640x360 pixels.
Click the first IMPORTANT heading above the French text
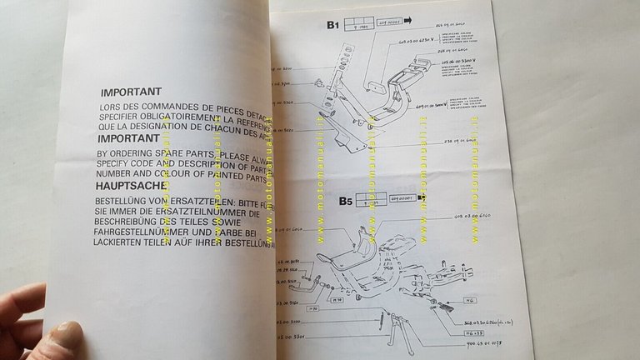point(131,92)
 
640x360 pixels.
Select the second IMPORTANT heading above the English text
point(128,138)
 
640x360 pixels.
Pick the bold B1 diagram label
point(332,26)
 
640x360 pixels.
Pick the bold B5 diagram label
point(346,201)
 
